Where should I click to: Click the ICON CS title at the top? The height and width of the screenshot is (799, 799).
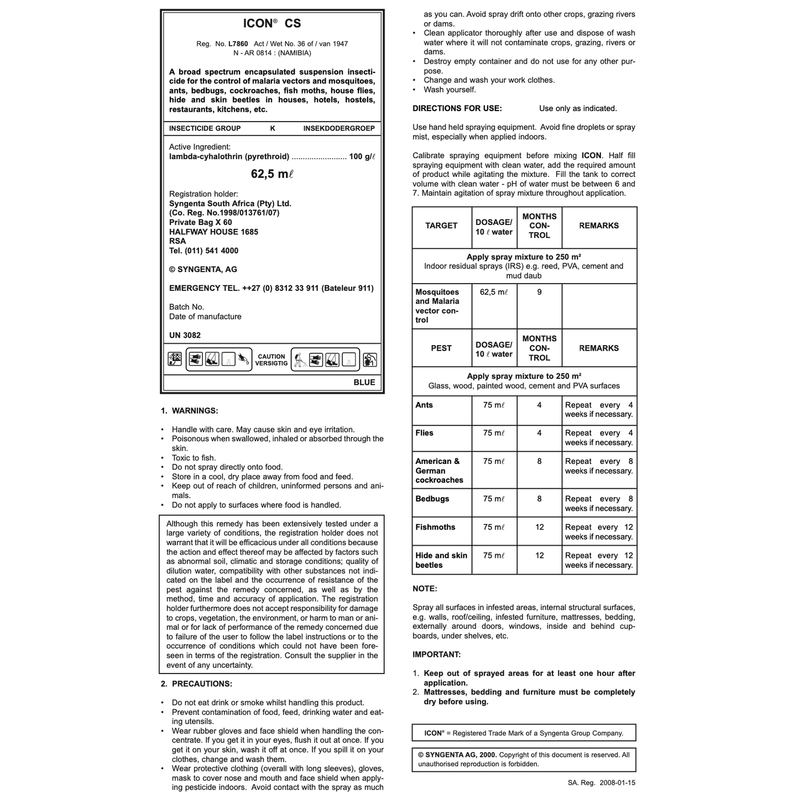pyautogui.click(x=272, y=23)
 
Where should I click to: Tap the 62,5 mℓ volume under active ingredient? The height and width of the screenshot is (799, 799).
pyautogui.click(x=272, y=174)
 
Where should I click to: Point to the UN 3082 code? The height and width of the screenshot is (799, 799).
pyautogui.click(x=185, y=335)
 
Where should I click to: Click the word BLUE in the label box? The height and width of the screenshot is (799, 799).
pyautogui.click(x=364, y=382)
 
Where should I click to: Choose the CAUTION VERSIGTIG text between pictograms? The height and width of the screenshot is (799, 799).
pyautogui.click(x=271, y=360)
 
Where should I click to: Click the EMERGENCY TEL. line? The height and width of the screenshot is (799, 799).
pyautogui.click(x=271, y=288)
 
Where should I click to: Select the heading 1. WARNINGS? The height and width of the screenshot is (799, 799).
pyautogui.click(x=190, y=411)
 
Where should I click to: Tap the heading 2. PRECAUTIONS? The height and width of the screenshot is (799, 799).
pyautogui.click(x=196, y=684)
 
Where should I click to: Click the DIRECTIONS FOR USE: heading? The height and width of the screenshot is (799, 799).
pyautogui.click(x=457, y=108)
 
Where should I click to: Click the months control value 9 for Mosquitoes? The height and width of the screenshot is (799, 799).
pyautogui.click(x=539, y=292)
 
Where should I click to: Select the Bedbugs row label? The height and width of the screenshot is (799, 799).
pyautogui.click(x=432, y=499)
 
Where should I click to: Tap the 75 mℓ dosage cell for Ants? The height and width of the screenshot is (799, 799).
pyautogui.click(x=494, y=405)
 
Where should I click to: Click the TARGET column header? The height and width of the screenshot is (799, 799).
pyautogui.click(x=441, y=226)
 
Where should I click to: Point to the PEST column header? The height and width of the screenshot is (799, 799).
pyautogui.click(x=441, y=348)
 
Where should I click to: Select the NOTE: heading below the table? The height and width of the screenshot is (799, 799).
pyautogui.click(x=425, y=589)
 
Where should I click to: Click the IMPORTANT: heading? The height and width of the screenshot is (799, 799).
pyautogui.click(x=436, y=655)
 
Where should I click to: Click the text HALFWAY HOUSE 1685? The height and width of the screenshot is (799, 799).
pyautogui.click(x=213, y=232)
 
